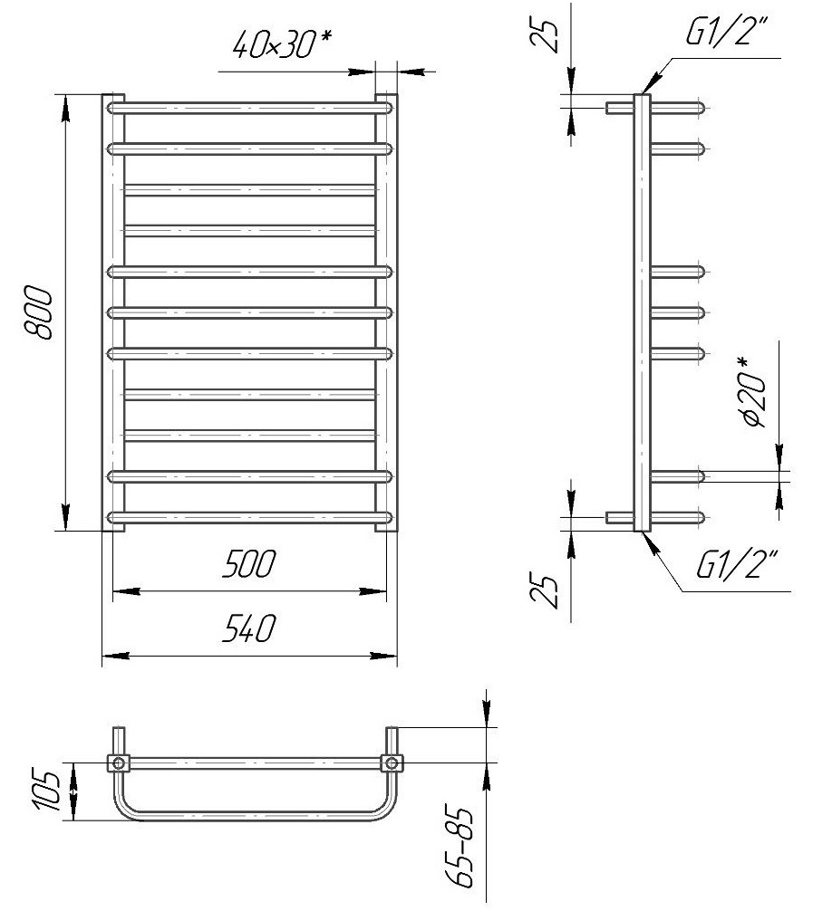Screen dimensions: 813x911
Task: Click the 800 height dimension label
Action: (38, 312)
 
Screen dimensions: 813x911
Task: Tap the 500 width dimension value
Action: (248, 563)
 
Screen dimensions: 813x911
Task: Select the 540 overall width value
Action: (248, 628)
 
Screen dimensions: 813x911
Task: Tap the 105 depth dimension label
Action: (47, 791)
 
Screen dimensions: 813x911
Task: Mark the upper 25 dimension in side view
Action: (547, 34)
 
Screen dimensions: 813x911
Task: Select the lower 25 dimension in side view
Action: (547, 591)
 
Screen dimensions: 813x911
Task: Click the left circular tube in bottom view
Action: (119, 762)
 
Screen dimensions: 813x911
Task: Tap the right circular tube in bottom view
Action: (392, 762)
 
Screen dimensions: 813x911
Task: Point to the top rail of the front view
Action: (250, 108)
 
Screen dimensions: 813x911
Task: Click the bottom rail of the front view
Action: (250, 517)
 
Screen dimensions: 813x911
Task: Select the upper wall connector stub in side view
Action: (620, 108)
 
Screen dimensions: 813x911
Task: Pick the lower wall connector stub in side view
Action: (620, 517)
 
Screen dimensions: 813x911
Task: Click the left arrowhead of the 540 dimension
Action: (115, 656)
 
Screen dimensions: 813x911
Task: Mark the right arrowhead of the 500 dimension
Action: (373, 591)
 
